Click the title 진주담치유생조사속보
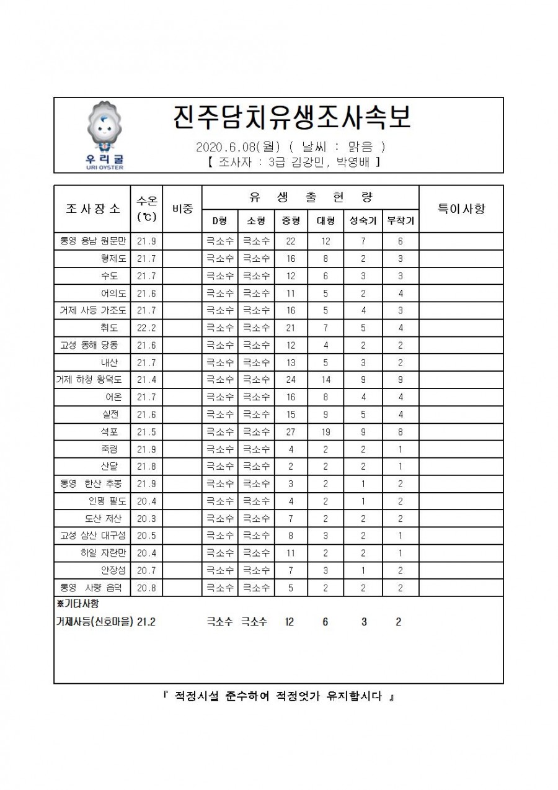pos(291,117)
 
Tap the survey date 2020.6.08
pos(222,148)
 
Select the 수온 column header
pos(146,209)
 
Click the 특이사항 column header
pos(461,209)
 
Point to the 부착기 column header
pos(401,220)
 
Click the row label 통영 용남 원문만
pos(92,241)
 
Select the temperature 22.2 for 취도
pos(146,327)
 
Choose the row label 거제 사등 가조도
pos(92,310)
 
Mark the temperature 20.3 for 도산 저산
pos(146,519)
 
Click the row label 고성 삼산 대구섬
pos(92,536)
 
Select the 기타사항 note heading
pos(77,604)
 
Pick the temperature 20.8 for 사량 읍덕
pos(146,587)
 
